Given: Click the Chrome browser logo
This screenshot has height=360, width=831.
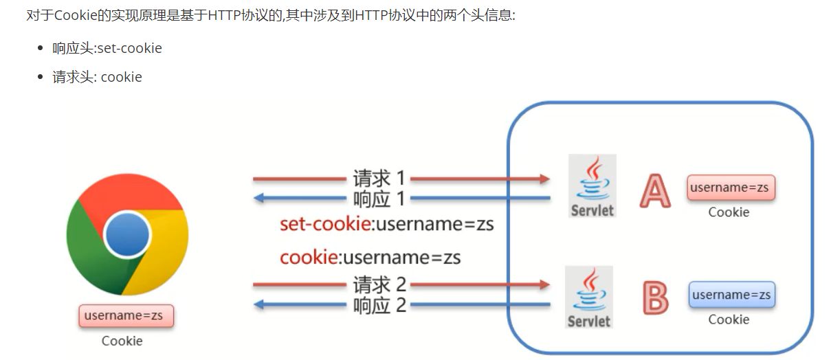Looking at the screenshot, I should point(127,234).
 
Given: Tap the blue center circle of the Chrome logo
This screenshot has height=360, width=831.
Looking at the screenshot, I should point(127,234).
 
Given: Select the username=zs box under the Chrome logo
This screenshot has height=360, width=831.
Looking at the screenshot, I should point(126,316).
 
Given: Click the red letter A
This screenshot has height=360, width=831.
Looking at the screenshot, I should point(655,190).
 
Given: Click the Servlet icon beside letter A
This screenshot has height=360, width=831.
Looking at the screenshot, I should point(592,185).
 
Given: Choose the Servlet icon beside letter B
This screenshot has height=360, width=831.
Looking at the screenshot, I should point(589,297).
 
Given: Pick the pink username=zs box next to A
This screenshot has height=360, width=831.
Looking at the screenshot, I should point(731,188).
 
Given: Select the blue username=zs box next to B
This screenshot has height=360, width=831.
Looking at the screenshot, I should point(731,295).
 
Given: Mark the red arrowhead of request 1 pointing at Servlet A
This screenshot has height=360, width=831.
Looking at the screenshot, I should point(545,179).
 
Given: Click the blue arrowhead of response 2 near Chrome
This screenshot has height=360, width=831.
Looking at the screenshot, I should point(259,304).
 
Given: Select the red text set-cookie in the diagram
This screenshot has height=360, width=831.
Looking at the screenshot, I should point(324,225).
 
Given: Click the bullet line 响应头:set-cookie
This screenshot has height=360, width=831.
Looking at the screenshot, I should point(107,48).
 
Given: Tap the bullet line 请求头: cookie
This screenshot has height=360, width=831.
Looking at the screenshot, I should point(97,77).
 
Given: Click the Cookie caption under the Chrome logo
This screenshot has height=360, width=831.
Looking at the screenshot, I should point(122,341).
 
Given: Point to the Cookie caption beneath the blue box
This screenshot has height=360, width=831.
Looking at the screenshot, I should point(729,319).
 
